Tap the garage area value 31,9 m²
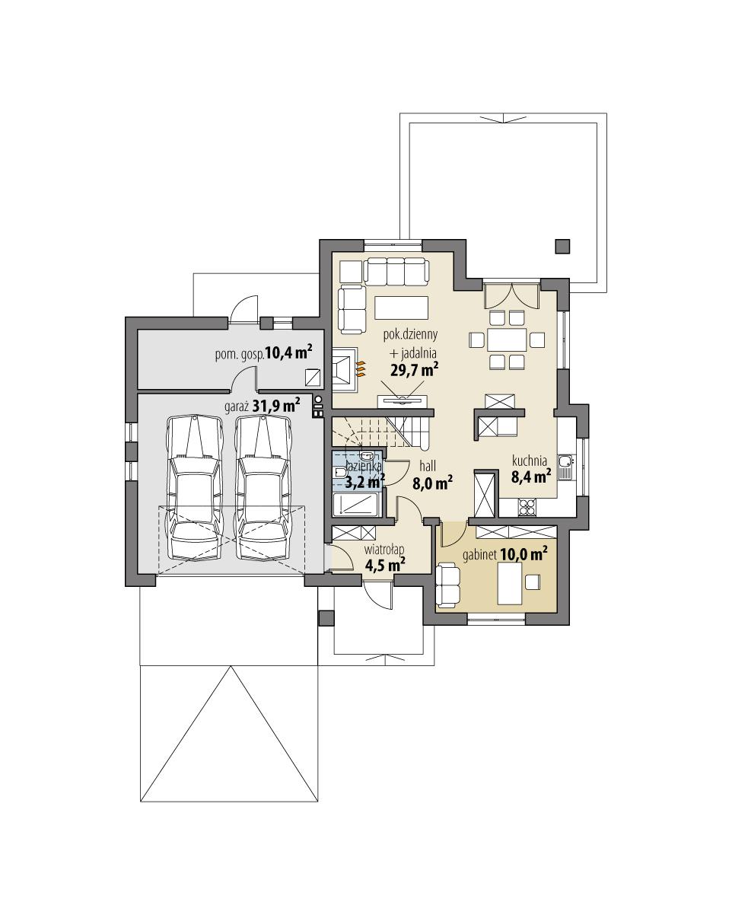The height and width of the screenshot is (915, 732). (276, 406)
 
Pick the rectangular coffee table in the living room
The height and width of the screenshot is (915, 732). (401, 307)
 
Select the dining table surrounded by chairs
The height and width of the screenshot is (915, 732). (506, 338)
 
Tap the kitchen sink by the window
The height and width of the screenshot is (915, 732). (565, 466)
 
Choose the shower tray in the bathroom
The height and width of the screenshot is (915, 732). (358, 505)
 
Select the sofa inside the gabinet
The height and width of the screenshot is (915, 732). (448, 585)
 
